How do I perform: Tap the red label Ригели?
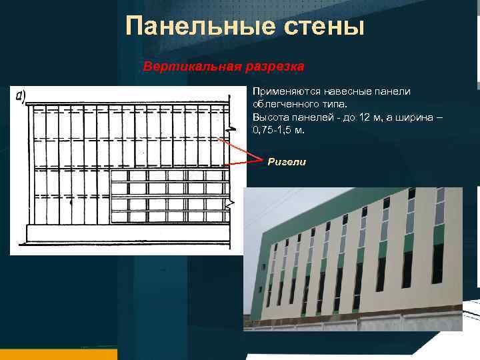tap(287, 161)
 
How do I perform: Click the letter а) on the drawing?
tap(20, 98)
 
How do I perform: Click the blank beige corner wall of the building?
tap(260, 280)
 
